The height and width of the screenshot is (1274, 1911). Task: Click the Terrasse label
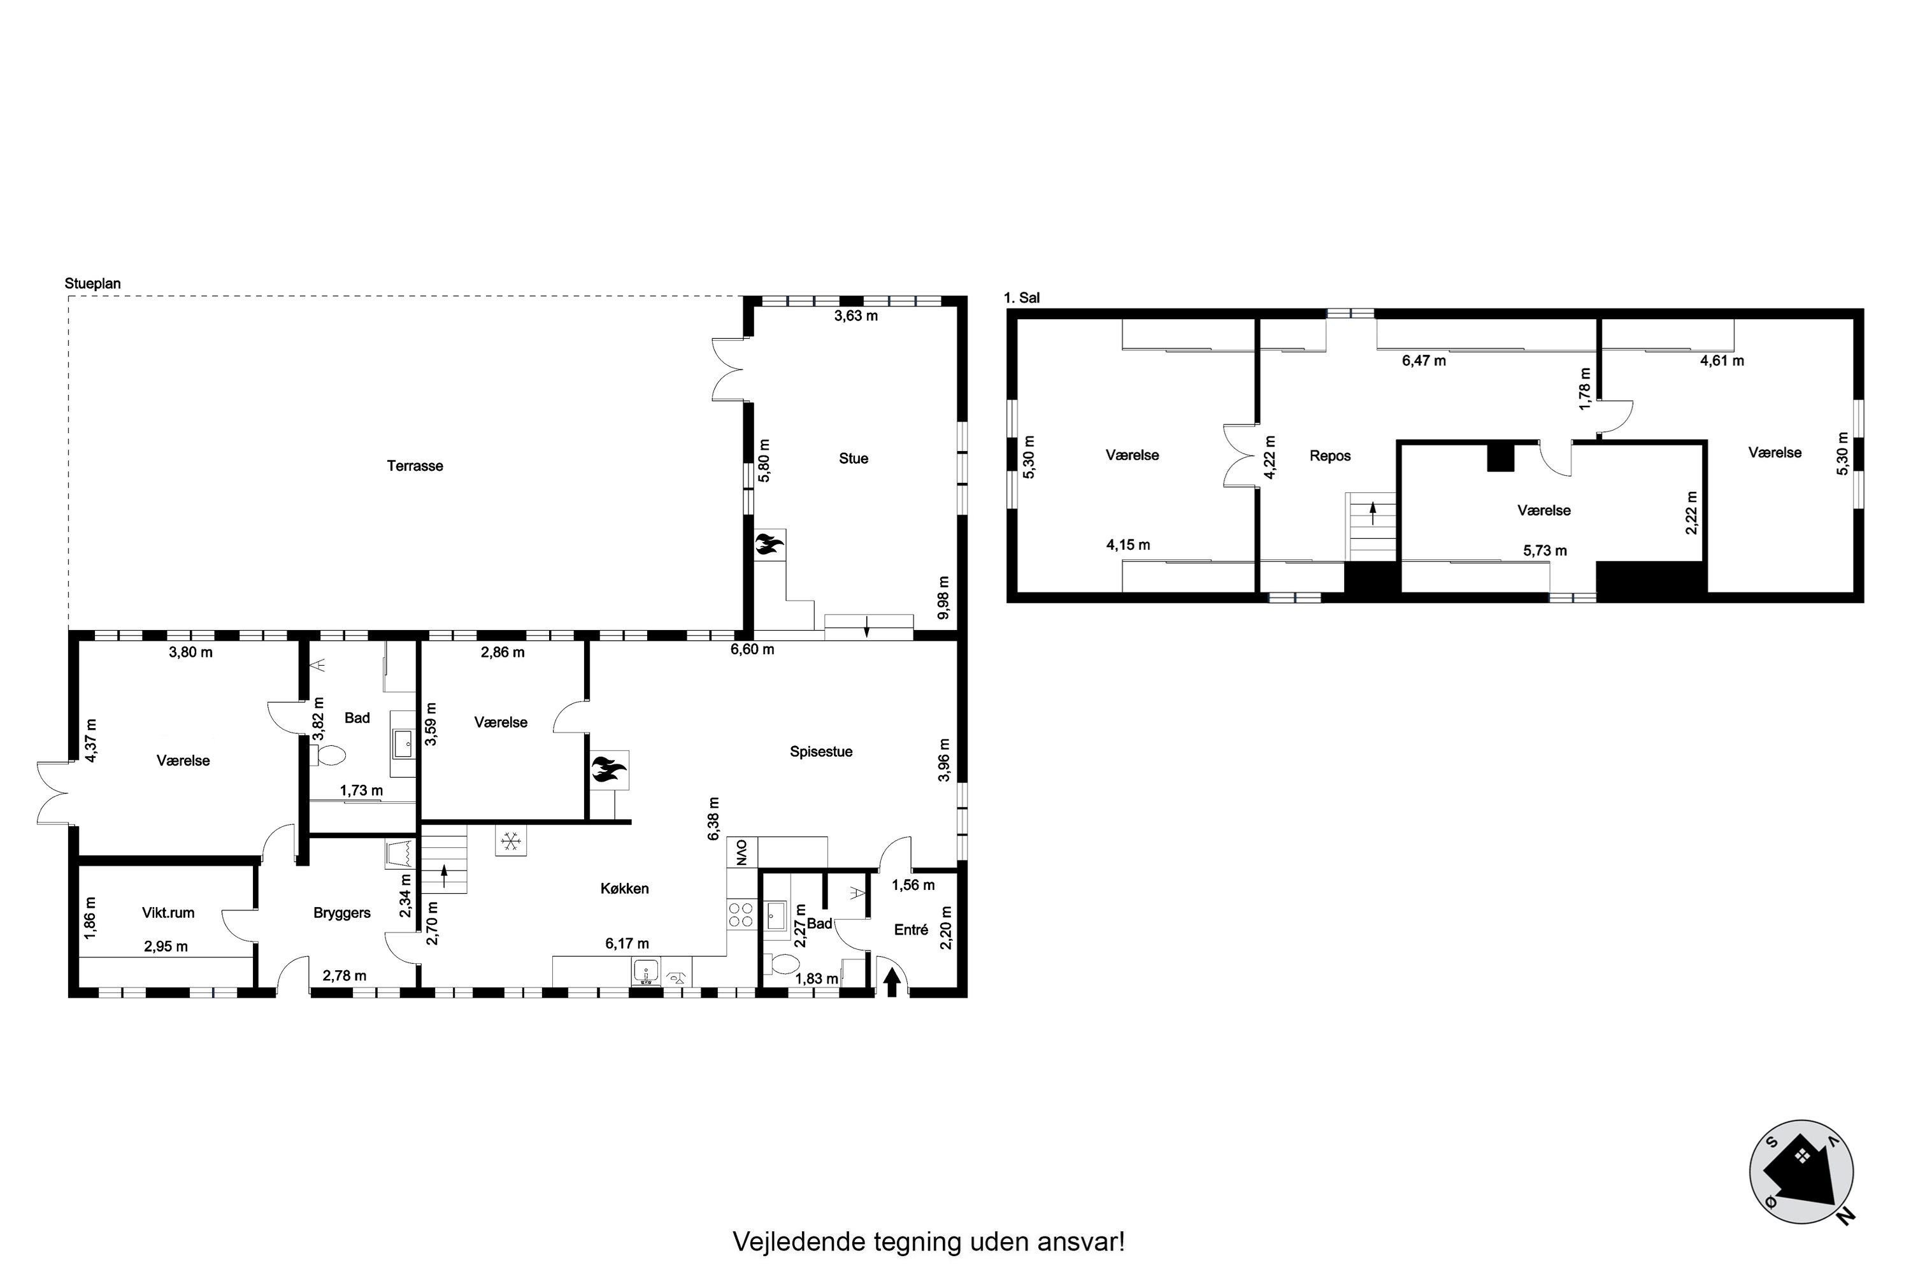pos(415,466)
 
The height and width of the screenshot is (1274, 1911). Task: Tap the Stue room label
pos(853,458)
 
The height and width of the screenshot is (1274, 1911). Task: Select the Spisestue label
pos(820,752)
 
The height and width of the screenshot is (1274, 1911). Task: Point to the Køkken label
pos(624,888)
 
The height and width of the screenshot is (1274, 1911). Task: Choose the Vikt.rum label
pos(168,912)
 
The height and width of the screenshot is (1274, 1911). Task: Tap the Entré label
pos(911,929)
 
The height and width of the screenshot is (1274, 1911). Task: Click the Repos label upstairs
pos(1330,456)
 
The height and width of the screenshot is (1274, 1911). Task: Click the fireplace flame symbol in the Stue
pos(769,543)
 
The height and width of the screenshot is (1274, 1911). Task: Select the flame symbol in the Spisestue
pos(608,769)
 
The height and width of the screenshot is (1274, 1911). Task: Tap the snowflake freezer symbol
pos(510,841)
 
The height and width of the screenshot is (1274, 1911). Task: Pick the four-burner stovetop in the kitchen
pos(741,915)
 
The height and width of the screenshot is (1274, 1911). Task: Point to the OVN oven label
pos(741,852)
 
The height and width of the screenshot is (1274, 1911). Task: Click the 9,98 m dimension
pos(943,598)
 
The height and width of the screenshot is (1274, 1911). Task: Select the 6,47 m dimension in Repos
pos(1424,361)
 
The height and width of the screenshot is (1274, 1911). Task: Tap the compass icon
pos(1801,1171)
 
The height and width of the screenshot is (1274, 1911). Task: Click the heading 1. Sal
pos(1021,297)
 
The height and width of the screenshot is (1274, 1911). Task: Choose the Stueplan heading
pos(92,283)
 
